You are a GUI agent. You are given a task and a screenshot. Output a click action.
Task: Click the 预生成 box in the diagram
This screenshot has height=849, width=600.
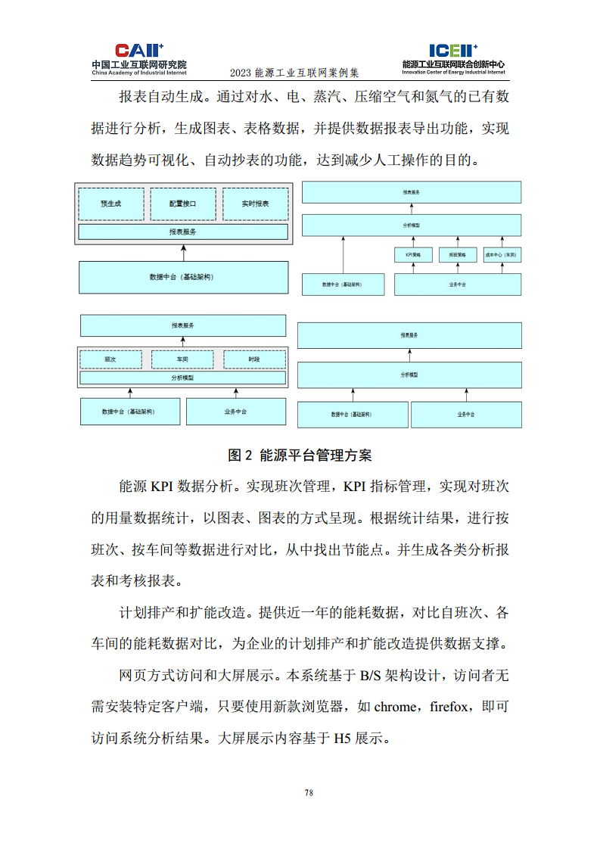(110, 204)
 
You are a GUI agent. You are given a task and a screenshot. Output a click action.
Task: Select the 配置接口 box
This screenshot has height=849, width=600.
(182, 204)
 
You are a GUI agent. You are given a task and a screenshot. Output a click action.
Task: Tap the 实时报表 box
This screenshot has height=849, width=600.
(255, 204)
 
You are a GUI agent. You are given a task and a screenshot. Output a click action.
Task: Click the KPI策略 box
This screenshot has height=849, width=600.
(412, 255)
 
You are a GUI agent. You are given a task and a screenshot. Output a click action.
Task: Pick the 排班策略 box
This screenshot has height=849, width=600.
(458, 255)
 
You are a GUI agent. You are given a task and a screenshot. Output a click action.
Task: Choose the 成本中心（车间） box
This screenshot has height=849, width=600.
(502, 255)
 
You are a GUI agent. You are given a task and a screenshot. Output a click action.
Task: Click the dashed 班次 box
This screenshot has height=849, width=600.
(111, 359)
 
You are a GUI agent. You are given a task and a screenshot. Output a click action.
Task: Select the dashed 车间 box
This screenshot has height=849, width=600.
(182, 359)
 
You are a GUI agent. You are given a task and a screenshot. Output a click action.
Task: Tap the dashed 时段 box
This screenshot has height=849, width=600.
(254, 359)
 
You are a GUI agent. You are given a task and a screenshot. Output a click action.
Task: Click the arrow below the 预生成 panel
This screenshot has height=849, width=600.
(182, 253)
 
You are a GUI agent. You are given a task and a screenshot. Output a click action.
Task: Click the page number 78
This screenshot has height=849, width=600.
(309, 793)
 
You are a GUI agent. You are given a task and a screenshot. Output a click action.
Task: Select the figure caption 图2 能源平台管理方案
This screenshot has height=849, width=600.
(300, 456)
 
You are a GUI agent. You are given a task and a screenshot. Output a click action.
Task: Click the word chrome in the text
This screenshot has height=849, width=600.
(395, 707)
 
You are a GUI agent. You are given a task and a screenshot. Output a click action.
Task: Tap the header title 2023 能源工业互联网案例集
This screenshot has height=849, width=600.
(294, 73)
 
